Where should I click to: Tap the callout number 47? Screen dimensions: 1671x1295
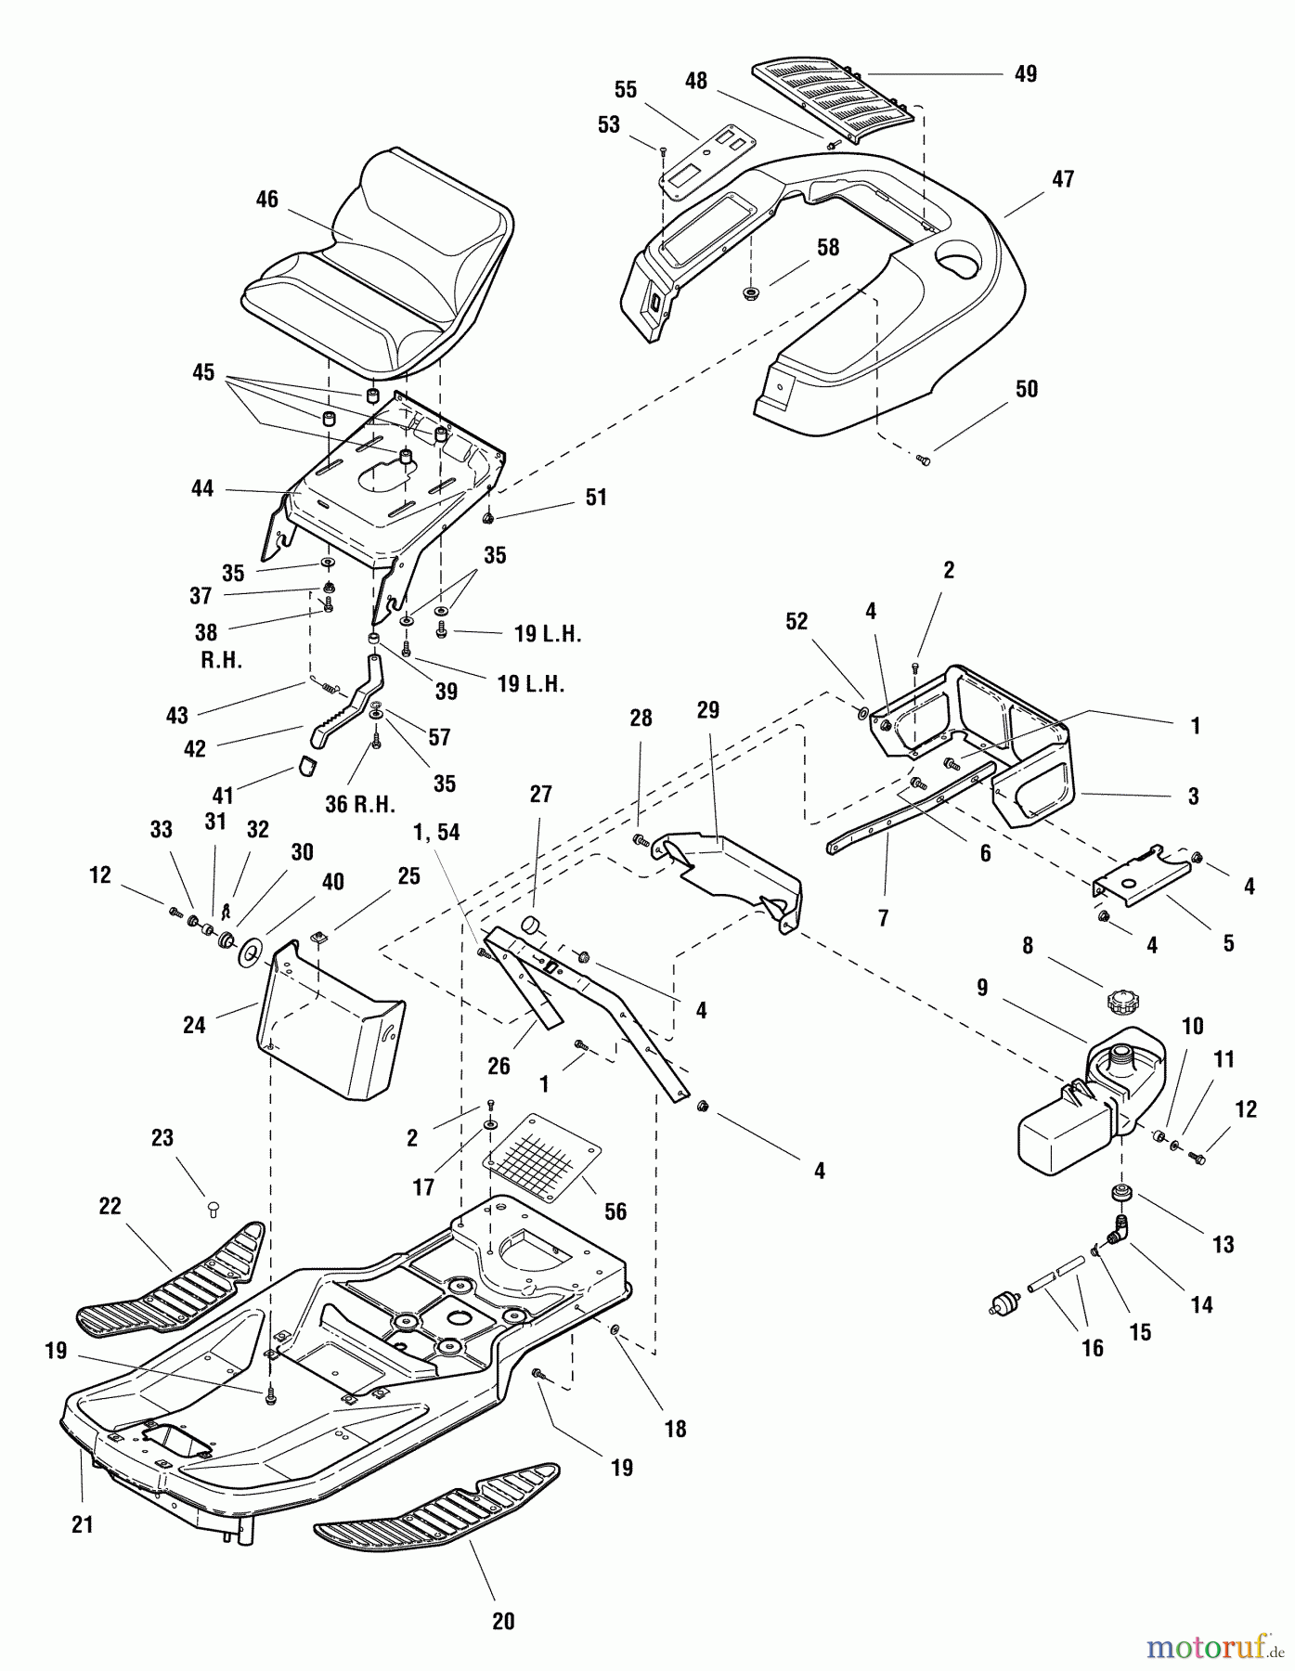1063,179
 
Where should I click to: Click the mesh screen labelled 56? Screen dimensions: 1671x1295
544,1156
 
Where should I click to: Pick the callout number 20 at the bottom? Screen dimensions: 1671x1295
502,1621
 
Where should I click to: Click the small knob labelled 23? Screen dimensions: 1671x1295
213,1207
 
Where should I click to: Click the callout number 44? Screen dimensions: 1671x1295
202,488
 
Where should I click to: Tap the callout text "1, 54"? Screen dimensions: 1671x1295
437,833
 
